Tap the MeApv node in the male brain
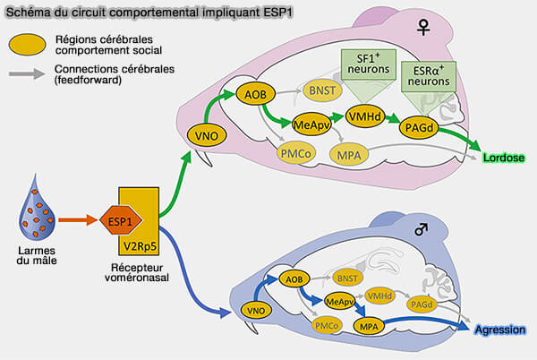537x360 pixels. (340, 301)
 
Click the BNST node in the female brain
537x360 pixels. (320, 90)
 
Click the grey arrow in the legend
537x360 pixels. (29, 73)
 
